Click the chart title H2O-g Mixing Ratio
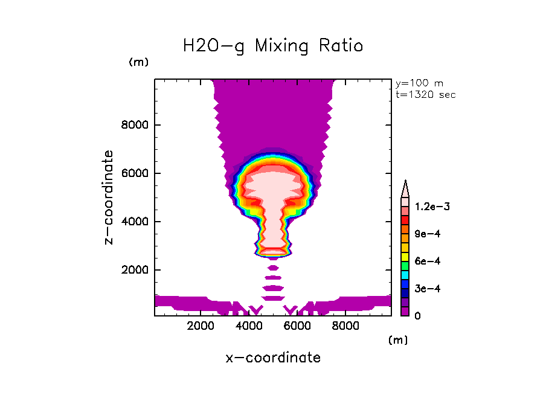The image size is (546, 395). coord(273,46)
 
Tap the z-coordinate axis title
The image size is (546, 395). coord(109,197)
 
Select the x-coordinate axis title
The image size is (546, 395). coord(273,358)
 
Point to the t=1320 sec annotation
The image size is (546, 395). coord(425,94)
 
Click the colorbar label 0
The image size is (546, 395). coord(417,316)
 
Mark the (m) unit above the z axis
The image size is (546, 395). coord(138,62)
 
